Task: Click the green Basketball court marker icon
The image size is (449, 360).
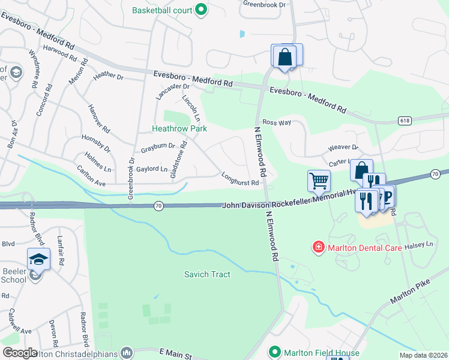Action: (x=201, y=9)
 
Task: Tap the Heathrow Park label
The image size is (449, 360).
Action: (x=179, y=128)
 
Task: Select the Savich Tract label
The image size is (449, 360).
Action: (x=206, y=274)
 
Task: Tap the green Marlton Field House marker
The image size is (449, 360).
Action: (x=275, y=352)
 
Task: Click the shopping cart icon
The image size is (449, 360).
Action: (x=319, y=180)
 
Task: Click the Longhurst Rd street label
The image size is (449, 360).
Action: (x=240, y=178)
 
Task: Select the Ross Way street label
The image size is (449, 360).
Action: (x=276, y=122)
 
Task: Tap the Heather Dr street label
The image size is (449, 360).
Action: (x=108, y=77)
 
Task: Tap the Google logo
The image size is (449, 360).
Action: (x=20, y=352)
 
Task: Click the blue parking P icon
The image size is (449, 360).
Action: (x=386, y=196)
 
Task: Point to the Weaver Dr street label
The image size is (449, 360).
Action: (x=343, y=148)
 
